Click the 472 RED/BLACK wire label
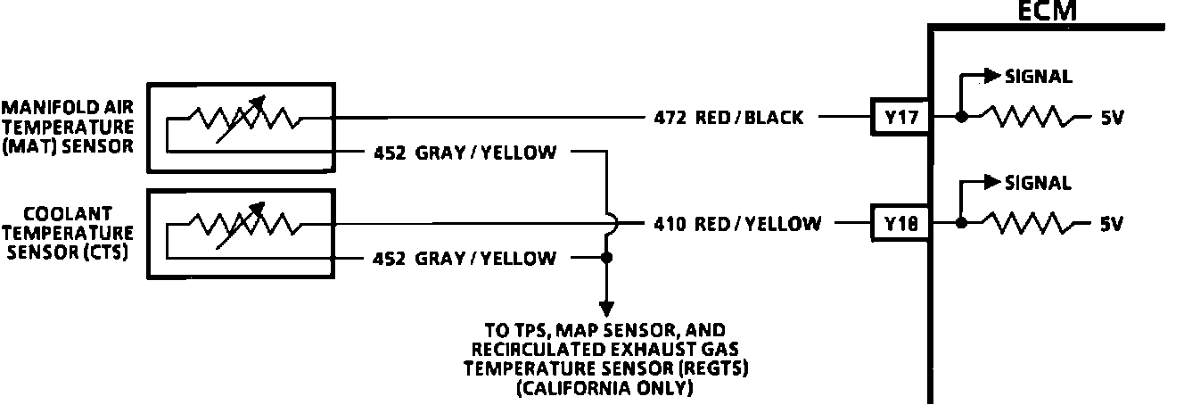[x=728, y=118]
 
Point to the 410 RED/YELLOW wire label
[x=736, y=223]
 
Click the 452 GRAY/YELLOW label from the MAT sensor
[x=465, y=153]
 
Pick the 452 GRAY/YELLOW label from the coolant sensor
[x=465, y=259]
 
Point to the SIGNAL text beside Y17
[x=1038, y=77]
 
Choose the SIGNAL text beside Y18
[x=1038, y=183]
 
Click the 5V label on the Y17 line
[x=1110, y=118]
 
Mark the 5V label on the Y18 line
[x=1110, y=223]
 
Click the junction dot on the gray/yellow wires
[x=606, y=259]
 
